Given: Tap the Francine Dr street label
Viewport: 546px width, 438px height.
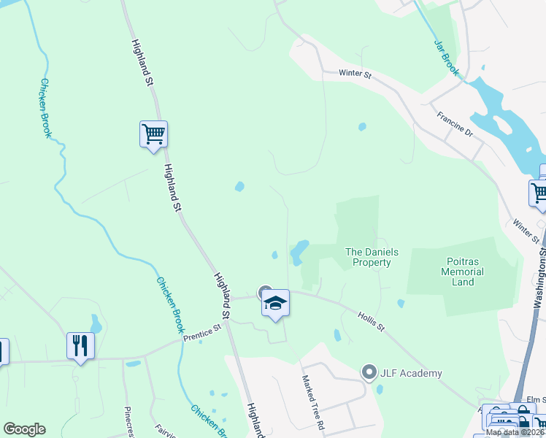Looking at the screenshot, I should click(x=455, y=125).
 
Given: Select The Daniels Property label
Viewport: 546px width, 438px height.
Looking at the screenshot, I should click(x=372, y=257).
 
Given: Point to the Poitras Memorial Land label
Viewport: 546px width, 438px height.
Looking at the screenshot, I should click(x=463, y=271).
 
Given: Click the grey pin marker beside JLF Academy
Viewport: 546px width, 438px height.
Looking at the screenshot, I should click(x=369, y=373).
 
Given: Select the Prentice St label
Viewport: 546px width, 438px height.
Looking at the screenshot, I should click(x=202, y=331).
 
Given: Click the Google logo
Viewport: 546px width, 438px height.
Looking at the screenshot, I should click(x=24, y=429).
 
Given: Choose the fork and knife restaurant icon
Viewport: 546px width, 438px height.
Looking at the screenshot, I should click(x=80, y=345).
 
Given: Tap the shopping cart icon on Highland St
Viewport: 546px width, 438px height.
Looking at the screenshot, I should click(x=153, y=134).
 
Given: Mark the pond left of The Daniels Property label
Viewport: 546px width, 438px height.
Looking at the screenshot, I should click(x=299, y=253).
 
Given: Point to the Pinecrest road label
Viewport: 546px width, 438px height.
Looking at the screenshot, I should click(x=128, y=421).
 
